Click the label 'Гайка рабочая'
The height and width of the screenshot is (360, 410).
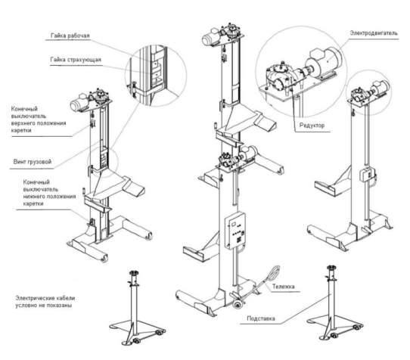click(70, 36)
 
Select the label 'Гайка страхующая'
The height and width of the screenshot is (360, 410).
click(76, 60)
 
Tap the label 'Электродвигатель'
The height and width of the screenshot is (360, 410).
click(374, 33)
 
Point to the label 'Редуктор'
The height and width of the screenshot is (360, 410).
click(312, 126)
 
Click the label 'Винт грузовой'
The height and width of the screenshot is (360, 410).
click(33, 162)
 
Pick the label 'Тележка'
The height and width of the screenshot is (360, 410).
click(283, 287)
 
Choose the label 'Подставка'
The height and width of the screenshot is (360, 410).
click(261, 318)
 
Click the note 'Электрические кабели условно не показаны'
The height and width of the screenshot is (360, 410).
click(45, 302)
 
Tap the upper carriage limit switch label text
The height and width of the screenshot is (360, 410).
click(39, 119)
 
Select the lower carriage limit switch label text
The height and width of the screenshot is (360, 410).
click(49, 193)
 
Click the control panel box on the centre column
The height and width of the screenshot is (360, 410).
click(235, 231)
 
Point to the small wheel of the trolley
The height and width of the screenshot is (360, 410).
click(238, 305)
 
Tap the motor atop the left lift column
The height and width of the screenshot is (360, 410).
click(79, 104)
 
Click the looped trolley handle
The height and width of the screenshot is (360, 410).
click(273, 274)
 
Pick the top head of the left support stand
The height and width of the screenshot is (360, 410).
click(134, 274)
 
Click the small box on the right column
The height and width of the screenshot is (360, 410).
click(366, 175)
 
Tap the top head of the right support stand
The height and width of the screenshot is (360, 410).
click(331, 268)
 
